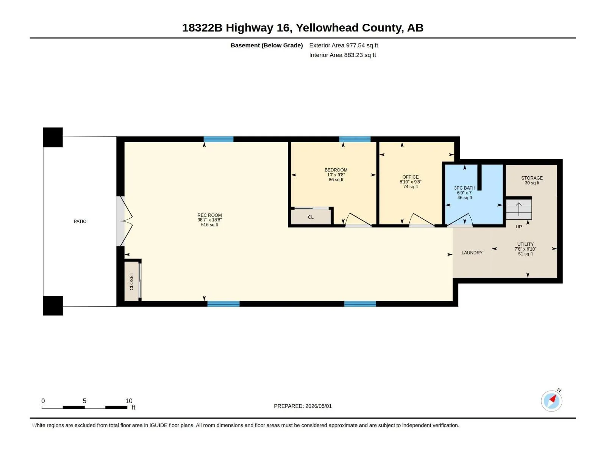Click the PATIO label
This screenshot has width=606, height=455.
click(x=80, y=221)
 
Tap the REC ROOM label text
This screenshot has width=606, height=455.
click(x=209, y=215)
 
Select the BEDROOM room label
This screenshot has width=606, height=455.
click(x=336, y=170)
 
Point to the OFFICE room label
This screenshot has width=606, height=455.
click(x=410, y=177)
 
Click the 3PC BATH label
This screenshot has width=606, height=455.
click(x=464, y=188)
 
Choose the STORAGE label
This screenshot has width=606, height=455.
click(x=532, y=178)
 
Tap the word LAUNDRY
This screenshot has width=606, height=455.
click(x=472, y=253)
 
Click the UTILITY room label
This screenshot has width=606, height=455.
click(x=525, y=244)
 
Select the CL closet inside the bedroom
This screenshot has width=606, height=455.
click(x=311, y=217)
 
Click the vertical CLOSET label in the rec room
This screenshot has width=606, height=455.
click(x=131, y=281)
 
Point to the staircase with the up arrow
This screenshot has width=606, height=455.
click(x=519, y=209)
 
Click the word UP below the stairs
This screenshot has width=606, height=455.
click(x=519, y=227)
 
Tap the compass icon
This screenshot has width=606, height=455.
click(x=551, y=401)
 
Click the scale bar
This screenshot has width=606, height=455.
click(x=84, y=407)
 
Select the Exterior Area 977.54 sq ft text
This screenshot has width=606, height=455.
click(x=344, y=45)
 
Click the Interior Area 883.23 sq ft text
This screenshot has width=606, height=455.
click(x=342, y=55)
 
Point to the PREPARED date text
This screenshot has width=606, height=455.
click(x=303, y=406)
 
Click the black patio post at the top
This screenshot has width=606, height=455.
click(x=53, y=137)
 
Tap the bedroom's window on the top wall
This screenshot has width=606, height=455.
click(x=355, y=139)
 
